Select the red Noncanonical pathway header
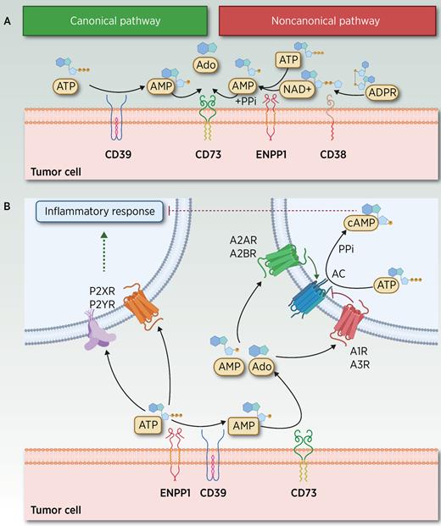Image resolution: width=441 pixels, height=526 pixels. click(x=327, y=19)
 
